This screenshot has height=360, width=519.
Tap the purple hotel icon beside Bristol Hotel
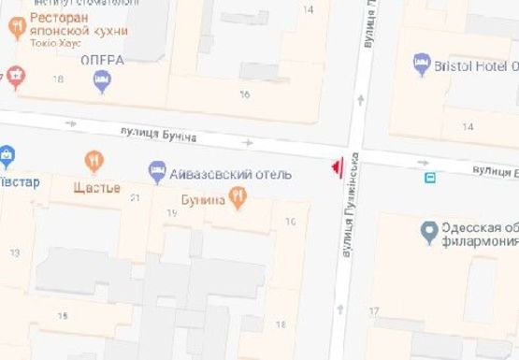click(421, 65)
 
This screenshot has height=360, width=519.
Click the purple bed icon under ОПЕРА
click(102, 82)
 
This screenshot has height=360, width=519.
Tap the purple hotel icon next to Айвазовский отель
click(157, 172)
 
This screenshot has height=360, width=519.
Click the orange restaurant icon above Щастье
click(94, 162)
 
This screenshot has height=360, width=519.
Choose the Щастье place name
click(96, 186)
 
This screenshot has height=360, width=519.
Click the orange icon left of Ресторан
click(17, 28)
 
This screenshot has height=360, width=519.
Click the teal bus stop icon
click(430, 177)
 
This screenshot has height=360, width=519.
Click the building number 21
click(135, 197)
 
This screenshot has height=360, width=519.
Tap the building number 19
click(171, 213)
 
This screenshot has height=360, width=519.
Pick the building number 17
click(374, 310)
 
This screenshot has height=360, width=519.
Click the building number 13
click(14, 253)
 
